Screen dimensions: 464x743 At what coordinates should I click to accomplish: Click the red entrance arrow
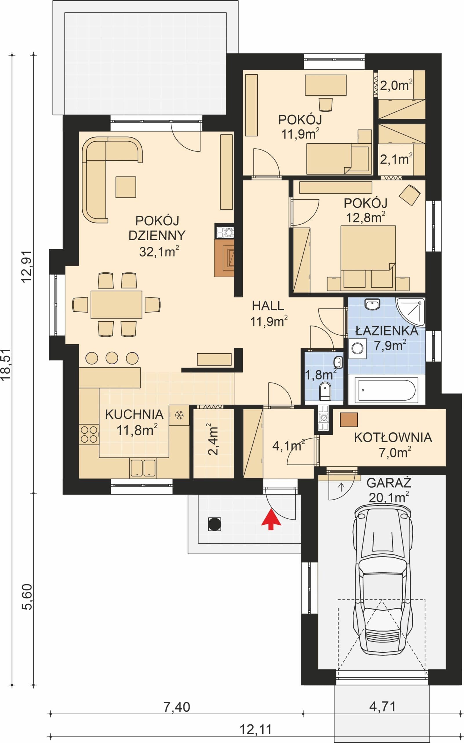tap(271, 519)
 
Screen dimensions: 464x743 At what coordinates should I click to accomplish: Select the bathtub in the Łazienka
tap(386, 390)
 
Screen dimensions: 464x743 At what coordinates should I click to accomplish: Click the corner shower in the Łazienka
tap(411, 311)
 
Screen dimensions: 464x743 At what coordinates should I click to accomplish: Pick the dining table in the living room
tap(116, 304)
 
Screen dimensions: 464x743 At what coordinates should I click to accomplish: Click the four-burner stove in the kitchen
tap(89, 435)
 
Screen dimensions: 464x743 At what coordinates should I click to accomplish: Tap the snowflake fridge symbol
tap(179, 416)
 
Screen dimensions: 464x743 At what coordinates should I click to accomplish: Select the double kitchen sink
tap(143, 468)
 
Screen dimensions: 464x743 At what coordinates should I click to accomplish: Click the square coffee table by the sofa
tap(125, 187)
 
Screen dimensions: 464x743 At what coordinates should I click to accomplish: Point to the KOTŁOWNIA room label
tap(393, 438)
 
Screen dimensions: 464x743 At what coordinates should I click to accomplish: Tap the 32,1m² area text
tap(159, 252)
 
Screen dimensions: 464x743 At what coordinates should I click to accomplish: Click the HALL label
tap(268, 306)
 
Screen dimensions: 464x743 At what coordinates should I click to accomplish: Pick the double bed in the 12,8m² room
tap(368, 258)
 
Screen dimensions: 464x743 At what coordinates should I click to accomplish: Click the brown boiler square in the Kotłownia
tap(349, 420)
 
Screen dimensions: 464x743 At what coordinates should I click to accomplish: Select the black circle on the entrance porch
tap(214, 524)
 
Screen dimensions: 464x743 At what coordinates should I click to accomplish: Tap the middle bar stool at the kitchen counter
tap(112, 358)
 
